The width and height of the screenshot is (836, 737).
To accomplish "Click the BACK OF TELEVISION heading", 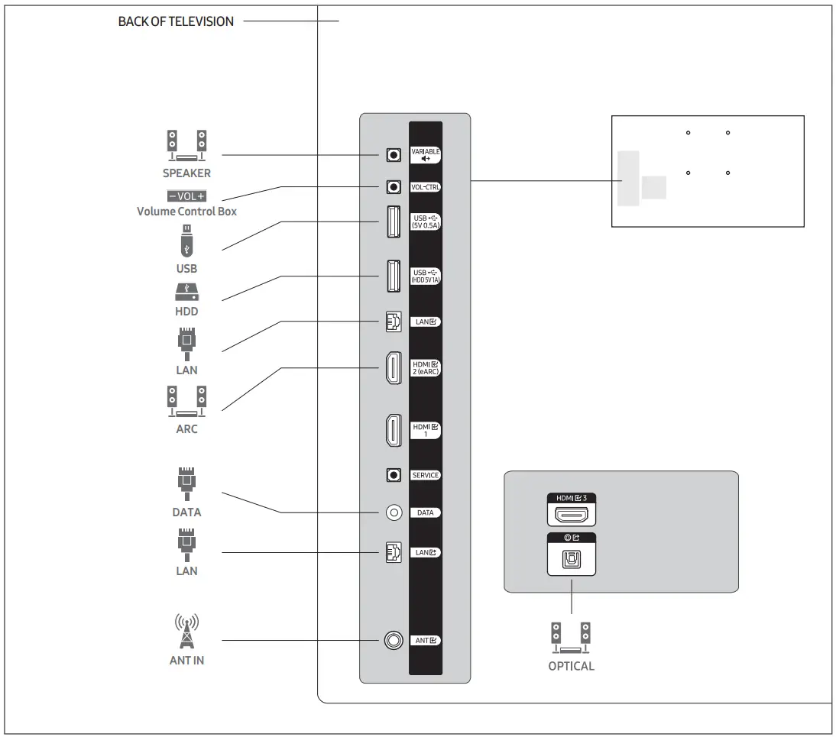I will click(176, 21).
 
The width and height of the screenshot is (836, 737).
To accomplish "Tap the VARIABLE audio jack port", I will click(394, 155).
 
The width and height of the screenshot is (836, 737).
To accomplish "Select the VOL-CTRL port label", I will click(426, 186).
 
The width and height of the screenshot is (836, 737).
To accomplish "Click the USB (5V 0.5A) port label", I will click(426, 222).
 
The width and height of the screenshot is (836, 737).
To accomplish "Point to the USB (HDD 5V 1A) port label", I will click(426, 276).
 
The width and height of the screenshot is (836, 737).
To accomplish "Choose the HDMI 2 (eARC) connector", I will click(391, 368).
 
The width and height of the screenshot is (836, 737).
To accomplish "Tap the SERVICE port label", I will click(426, 475).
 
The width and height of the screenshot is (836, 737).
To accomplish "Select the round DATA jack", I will click(394, 512).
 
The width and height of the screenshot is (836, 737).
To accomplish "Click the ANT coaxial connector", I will click(394, 640).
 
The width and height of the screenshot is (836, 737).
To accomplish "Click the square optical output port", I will click(571, 563).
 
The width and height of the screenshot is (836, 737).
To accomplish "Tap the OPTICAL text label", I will click(571, 666).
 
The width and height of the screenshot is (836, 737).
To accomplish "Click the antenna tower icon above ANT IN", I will click(186, 631).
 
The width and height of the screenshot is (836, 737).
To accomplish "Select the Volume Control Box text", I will click(186, 212).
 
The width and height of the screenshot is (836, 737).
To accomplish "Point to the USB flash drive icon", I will click(186, 242).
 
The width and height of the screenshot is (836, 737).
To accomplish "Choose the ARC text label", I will click(186, 429).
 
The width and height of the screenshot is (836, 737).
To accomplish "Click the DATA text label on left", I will click(186, 512).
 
